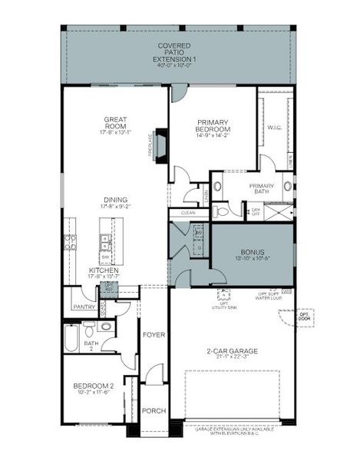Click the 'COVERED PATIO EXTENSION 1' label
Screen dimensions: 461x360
pos(174,51)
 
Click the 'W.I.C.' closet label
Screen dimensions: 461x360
pos(275,127)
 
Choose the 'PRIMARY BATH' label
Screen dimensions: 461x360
pos(262,189)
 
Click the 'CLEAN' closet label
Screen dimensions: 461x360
pos(188,213)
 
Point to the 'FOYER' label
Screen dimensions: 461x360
pos(154,335)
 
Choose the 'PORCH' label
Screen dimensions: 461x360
pos(154,411)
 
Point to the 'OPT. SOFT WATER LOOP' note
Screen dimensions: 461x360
pos(266,297)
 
